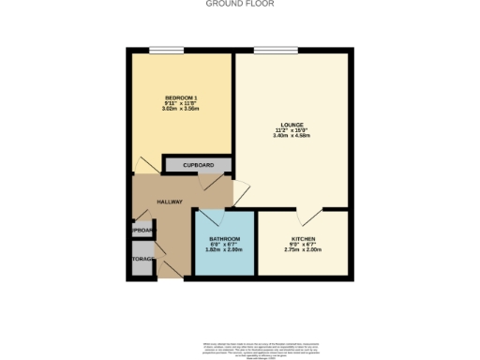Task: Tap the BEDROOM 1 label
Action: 182,97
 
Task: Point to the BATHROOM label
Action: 224,240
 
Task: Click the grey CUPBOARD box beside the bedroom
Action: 198,166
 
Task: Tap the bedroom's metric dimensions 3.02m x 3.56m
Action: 182,109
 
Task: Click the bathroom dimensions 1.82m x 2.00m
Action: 224,250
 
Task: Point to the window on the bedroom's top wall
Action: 165,50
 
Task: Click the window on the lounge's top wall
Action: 269,50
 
